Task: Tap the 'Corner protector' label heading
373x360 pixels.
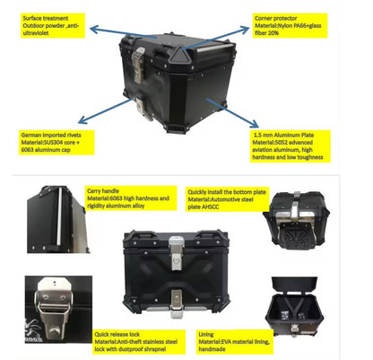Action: tap(277, 17)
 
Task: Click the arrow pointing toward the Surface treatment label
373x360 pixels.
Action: tap(99, 35)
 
